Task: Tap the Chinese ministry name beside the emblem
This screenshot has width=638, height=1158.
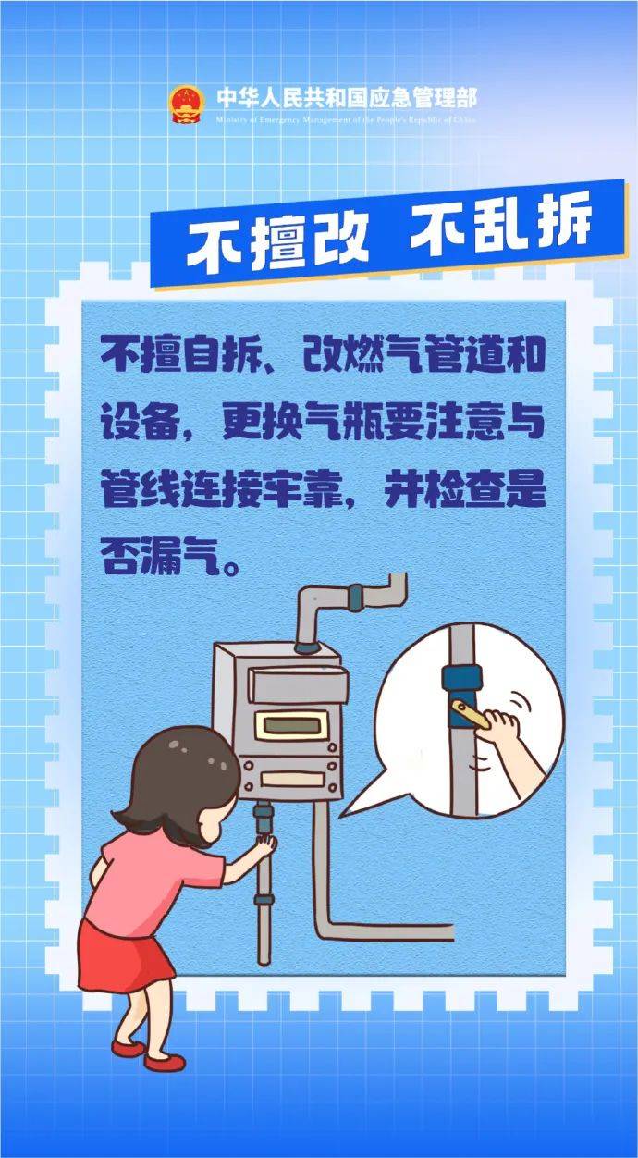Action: (346, 96)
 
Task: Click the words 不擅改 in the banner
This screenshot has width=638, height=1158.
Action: (277, 241)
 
